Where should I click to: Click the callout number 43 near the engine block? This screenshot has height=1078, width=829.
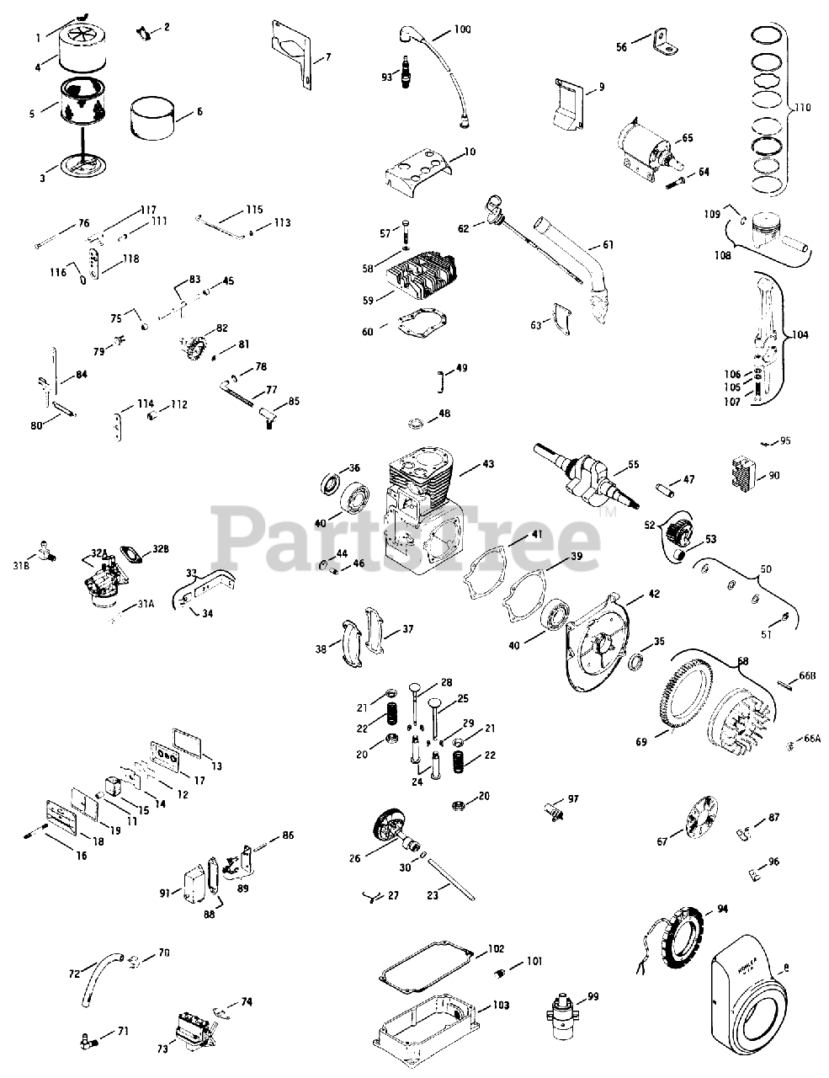(489, 465)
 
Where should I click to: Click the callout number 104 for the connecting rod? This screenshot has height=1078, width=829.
(800, 334)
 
